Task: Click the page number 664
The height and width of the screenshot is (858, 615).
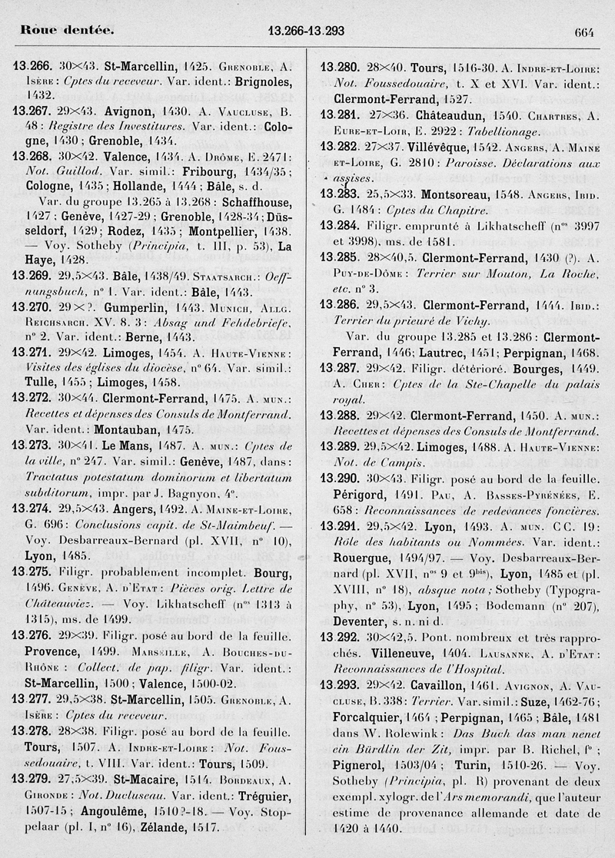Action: coord(584,31)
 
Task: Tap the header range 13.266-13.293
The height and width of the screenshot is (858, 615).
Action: coord(306,31)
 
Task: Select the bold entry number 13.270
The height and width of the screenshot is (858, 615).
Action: coord(32,306)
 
